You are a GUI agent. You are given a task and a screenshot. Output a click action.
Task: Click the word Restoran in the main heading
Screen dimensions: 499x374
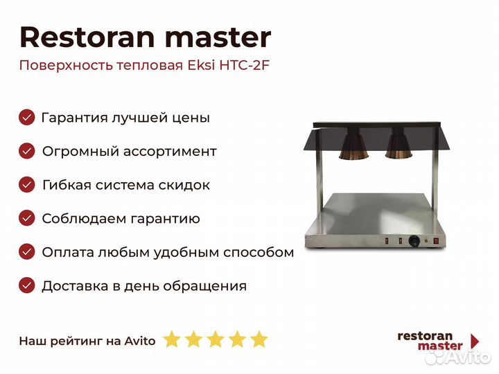87,37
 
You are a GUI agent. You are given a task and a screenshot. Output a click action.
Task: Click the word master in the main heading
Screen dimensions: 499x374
218,38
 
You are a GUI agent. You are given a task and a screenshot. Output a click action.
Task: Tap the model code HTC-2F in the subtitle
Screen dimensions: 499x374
245,66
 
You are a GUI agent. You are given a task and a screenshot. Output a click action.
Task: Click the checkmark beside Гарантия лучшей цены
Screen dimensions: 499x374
27,117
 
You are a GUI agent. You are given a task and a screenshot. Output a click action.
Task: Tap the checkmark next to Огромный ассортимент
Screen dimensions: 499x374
27,151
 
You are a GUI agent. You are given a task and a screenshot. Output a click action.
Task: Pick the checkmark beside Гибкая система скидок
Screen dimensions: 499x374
27,185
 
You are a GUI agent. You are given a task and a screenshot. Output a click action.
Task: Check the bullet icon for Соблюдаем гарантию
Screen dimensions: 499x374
27,218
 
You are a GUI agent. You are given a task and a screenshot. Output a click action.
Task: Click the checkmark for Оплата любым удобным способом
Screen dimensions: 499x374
27,252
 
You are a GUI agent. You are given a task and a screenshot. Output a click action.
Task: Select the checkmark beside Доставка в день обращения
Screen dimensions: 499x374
27,285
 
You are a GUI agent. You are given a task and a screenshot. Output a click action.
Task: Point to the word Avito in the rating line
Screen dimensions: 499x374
140,341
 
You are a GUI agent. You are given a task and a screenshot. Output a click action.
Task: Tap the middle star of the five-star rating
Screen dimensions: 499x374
216,339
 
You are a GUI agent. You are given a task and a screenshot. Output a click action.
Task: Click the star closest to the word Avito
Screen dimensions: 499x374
172,339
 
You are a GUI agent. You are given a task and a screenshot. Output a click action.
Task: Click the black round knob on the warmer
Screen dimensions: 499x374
414,241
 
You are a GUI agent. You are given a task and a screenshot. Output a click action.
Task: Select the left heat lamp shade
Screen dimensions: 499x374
354,145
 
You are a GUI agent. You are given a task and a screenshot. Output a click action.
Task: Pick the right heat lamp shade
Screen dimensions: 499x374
399,145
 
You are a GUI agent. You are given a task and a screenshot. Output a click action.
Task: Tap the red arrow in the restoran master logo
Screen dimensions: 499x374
475,341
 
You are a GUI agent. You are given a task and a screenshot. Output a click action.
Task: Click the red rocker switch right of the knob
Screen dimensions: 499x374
437,241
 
